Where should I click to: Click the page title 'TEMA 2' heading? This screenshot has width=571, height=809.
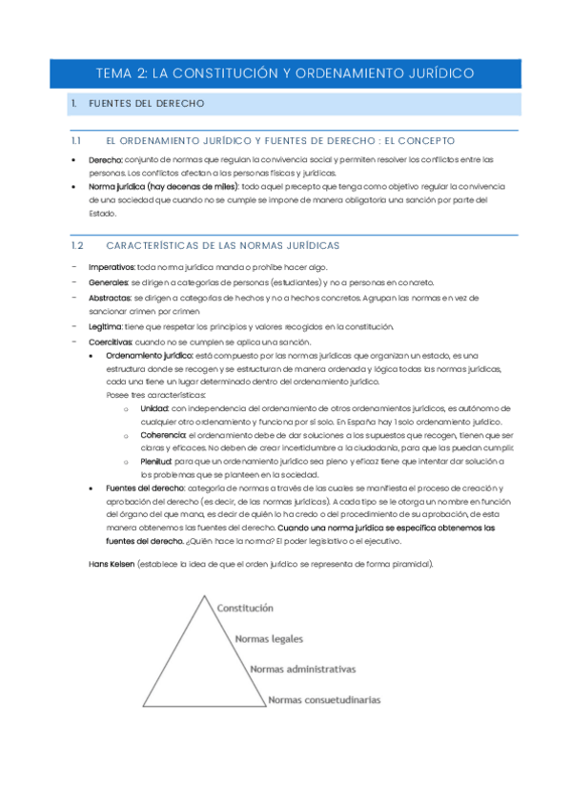(285, 73)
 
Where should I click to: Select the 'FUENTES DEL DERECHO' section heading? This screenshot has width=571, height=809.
(143, 103)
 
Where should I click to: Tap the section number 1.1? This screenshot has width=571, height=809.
(77, 140)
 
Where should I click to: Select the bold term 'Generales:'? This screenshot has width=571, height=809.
(108, 282)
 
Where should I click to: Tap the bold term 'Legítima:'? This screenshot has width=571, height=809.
(105, 326)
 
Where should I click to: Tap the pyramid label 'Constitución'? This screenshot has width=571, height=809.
(245, 608)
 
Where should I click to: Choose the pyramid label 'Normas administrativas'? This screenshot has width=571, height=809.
(302, 669)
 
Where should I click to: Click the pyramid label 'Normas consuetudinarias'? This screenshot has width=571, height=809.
(324, 699)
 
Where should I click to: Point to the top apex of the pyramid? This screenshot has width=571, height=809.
(202, 595)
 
